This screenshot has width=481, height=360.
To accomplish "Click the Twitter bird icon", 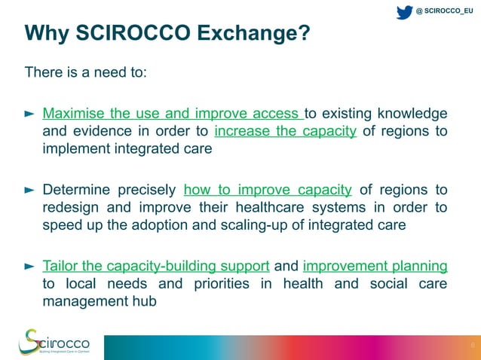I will click(404, 11).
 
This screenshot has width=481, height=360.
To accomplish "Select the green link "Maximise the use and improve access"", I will click(173, 114).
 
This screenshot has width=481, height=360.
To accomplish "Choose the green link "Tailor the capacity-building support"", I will click(156, 266).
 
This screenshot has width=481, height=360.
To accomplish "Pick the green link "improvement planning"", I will click(375, 266).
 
